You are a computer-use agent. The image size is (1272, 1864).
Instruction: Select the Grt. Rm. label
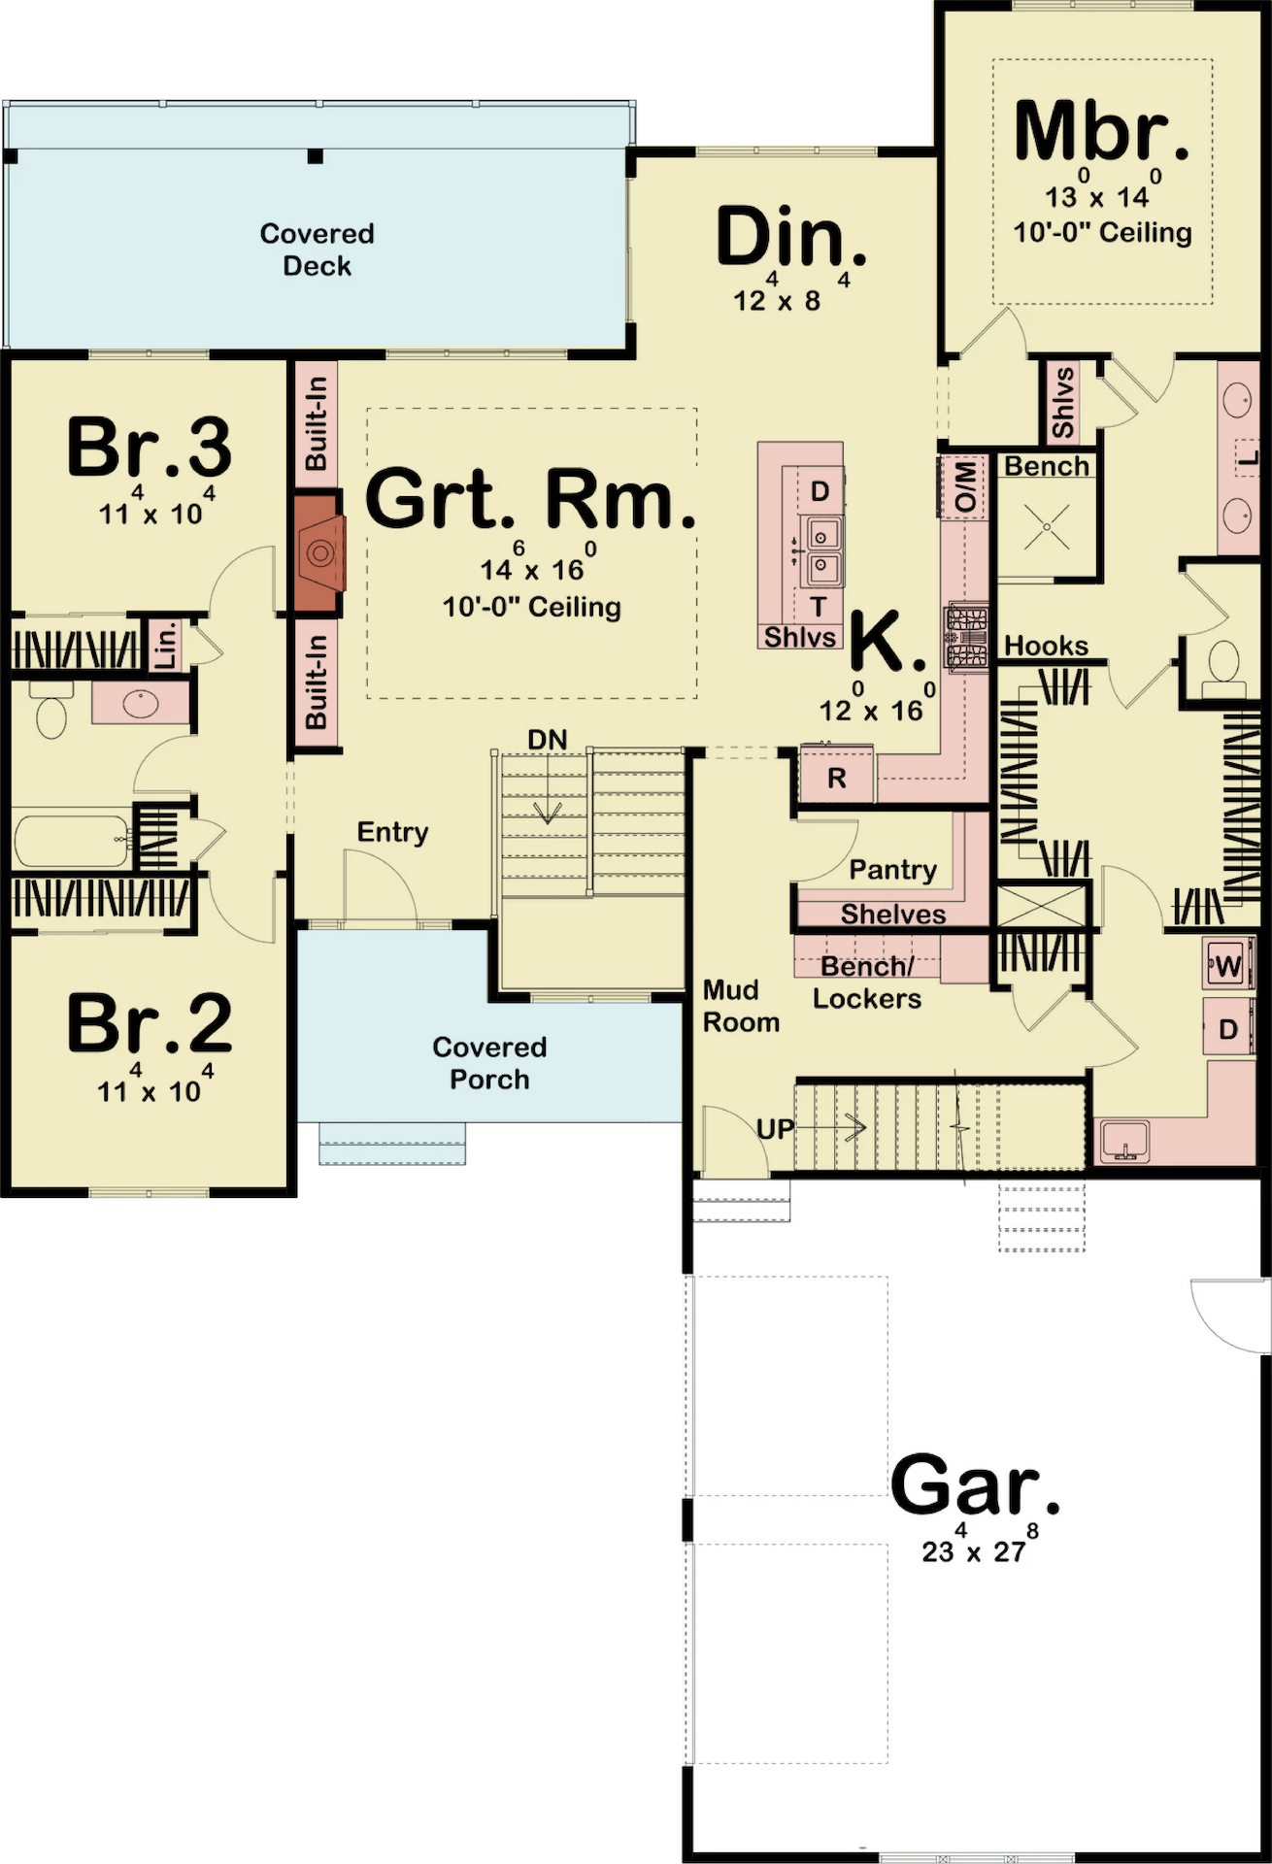pos(531,498)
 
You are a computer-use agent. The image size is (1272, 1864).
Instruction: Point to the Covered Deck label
pos(317,250)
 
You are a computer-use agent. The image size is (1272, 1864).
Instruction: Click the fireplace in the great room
pos(318,552)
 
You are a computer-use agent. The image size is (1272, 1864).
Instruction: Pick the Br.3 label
pos(150,447)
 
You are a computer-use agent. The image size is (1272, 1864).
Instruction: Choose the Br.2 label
pos(150,1023)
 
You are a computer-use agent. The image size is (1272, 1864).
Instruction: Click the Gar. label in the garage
pos(975,1484)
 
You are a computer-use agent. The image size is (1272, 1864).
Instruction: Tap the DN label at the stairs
pos(548,740)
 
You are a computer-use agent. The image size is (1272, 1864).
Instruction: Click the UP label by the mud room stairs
pos(776,1129)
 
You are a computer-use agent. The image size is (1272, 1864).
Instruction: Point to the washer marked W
pos(1228,966)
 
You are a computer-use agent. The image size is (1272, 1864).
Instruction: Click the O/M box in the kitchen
pos(964,486)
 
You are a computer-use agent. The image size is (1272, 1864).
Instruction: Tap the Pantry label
pos(893,869)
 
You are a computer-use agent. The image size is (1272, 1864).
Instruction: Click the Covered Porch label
pos(489,1063)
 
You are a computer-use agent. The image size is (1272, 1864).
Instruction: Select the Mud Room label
pos(741,1006)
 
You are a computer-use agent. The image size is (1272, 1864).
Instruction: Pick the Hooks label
pos(1046,646)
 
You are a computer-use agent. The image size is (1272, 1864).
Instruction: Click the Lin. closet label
pos(167,644)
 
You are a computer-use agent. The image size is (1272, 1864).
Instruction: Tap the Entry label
pos(392,832)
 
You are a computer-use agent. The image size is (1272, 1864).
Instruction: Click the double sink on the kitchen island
pos(821,549)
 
